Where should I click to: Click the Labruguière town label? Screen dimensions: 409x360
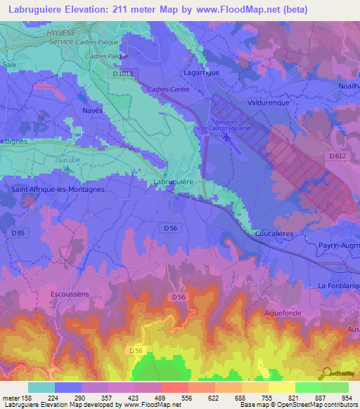tap(173, 182)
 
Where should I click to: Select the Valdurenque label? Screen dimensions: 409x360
tap(268, 102)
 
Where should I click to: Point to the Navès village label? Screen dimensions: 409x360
tap(92, 111)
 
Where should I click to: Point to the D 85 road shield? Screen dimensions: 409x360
tap(18, 233)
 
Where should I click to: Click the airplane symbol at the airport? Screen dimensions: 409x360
tap(226, 136)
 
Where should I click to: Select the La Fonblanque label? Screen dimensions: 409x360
tap(338, 286)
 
